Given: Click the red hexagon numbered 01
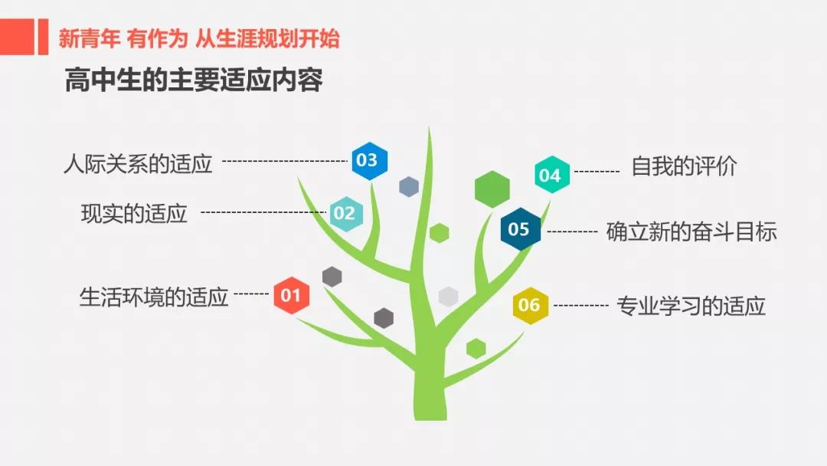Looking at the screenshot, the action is tap(292, 295).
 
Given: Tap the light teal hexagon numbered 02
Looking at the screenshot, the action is tap(346, 214).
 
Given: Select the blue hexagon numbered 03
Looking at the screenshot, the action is tap(370, 160).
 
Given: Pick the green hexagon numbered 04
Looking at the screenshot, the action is tap(552, 175).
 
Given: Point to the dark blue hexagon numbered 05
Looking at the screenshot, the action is tap(521, 229).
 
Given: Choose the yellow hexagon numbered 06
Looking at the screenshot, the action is tap(531, 305).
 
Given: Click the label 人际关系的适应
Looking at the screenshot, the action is tap(138, 164).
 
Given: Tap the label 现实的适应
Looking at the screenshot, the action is tap(134, 214).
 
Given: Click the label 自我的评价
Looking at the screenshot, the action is tap(684, 167).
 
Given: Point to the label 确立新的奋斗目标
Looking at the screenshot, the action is tap(691, 231).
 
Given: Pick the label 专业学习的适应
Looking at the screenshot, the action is tap(691, 306).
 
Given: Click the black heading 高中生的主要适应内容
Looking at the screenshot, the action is tap(194, 80).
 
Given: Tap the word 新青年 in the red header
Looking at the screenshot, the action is tap(89, 38).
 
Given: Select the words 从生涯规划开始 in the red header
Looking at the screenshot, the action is tap(267, 38).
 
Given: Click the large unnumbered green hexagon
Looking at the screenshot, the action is tap(492, 189).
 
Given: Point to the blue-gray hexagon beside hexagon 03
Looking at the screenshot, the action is tap(409, 187).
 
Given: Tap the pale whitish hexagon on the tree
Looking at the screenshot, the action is tap(448, 297).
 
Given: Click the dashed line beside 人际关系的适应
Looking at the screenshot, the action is tap(285, 161).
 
